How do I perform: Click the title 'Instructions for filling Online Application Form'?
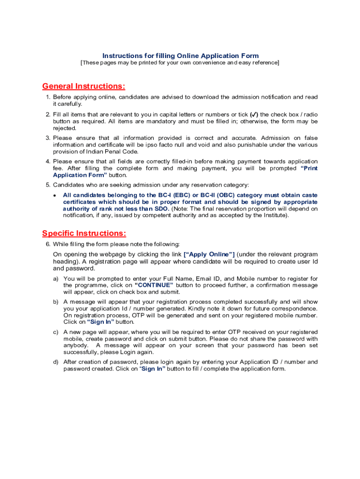pyautogui.click(x=180, y=56)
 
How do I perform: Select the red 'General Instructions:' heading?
pyautogui.click(x=84, y=86)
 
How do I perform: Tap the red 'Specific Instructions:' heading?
pyautogui.click(x=84, y=233)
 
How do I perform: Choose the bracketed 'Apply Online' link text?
pyautogui.click(x=209, y=254)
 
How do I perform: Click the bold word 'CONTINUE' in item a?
pyautogui.click(x=154, y=285)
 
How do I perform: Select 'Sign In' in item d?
pyautogui.click(x=152, y=369)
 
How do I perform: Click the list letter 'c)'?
pyautogui.click(x=56, y=332)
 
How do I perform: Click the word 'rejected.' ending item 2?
pyautogui.click(x=65, y=128)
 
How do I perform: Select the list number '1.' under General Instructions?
pyautogui.click(x=48, y=97)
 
